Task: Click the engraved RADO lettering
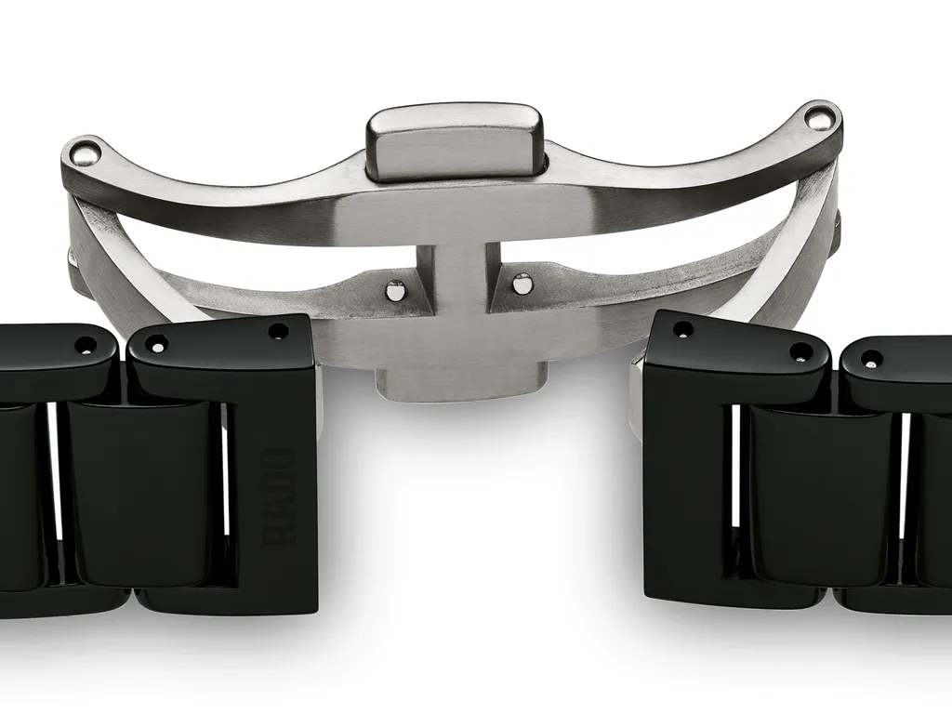[x=279, y=497]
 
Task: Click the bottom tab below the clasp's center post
[x=459, y=382]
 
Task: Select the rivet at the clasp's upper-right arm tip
[x=818, y=117]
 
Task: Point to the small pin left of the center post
[x=395, y=290]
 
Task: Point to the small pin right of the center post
[x=522, y=283]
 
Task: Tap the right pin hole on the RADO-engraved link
[x=277, y=331]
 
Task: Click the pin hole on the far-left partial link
[x=86, y=345]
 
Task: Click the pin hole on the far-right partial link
[x=871, y=358]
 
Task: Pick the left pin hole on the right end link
[x=683, y=329]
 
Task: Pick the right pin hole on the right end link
[x=800, y=353]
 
